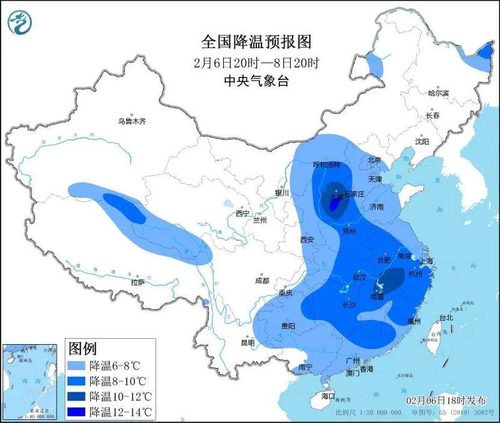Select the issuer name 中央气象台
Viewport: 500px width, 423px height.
[256, 81]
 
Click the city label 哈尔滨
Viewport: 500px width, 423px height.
[438, 93]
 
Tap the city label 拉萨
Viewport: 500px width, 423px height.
[137, 282]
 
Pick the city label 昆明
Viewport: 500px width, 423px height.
[247, 342]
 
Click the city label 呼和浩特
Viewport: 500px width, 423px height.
[326, 164]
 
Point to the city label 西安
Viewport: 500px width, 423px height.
[306, 239]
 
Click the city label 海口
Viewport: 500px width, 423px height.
[328, 397]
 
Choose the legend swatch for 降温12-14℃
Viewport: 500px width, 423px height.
[77, 412]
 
